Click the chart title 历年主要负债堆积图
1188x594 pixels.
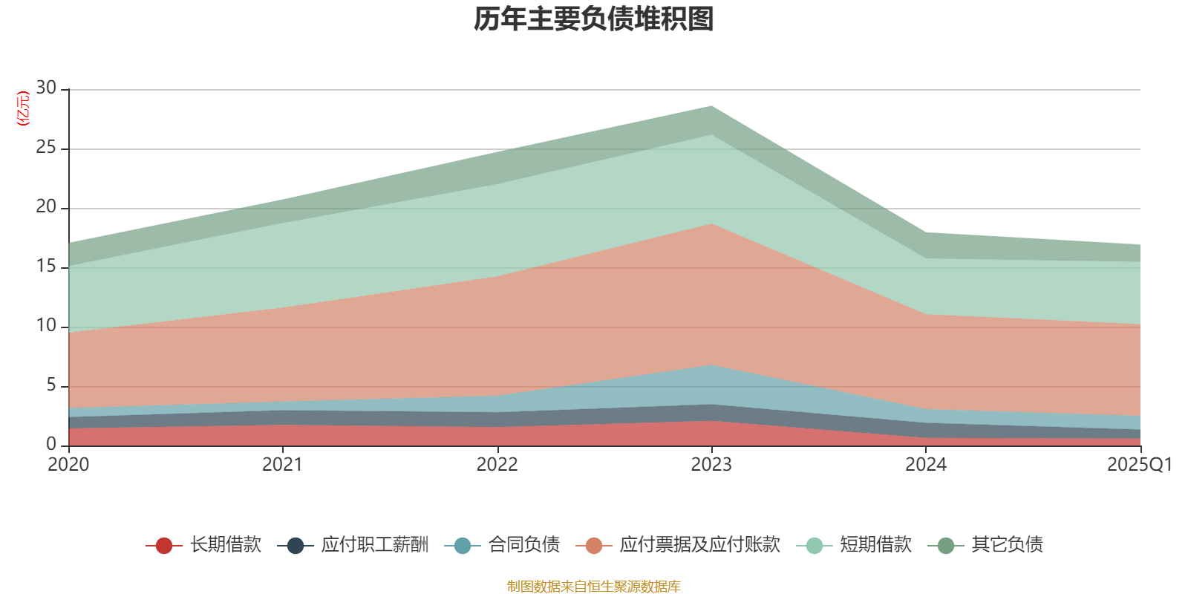pyautogui.click(x=594, y=19)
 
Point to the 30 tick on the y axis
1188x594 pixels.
pyautogui.click(x=46, y=88)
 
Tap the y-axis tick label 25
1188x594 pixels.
pyautogui.click(x=46, y=148)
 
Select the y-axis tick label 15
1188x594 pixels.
pyautogui.click(x=46, y=267)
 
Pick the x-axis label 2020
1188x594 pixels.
pyautogui.click(x=68, y=465)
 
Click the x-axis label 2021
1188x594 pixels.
pyautogui.click(x=282, y=465)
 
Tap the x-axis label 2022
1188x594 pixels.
pyautogui.click(x=497, y=465)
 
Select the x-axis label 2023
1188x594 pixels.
pyautogui.click(x=711, y=465)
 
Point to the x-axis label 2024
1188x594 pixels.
pyautogui.click(x=925, y=465)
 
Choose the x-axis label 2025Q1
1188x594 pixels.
pyautogui.click(x=1139, y=465)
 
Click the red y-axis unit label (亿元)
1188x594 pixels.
pyautogui.click(x=23, y=108)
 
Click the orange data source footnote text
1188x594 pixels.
pyautogui.click(x=594, y=587)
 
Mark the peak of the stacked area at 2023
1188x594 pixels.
pyautogui.click(x=711, y=106)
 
